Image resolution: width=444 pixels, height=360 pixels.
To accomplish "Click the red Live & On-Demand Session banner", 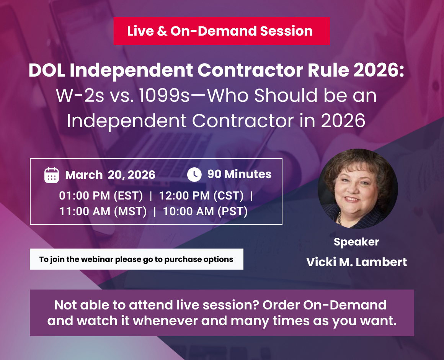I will point(221,31).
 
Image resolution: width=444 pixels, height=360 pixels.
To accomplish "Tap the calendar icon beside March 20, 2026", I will point(52,175).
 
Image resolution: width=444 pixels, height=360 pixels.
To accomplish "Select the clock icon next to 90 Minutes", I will point(194,174).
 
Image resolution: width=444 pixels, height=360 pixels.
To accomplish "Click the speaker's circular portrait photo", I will point(357,189).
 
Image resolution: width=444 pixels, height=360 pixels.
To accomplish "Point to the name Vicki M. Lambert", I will point(356,262).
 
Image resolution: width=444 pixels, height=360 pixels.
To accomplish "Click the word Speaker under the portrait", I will point(356,242).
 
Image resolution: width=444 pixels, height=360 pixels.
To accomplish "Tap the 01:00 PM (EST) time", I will point(101,196).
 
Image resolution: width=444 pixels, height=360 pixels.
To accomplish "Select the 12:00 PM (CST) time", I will point(201,196).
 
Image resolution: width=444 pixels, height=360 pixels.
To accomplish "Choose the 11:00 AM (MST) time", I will point(103,211).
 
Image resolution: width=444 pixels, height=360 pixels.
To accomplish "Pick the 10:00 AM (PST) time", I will point(205,211).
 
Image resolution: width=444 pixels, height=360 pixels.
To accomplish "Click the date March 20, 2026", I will point(110,175).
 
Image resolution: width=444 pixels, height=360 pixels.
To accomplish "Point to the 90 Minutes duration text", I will point(239,174).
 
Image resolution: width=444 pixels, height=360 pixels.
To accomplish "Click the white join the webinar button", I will point(136,259).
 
